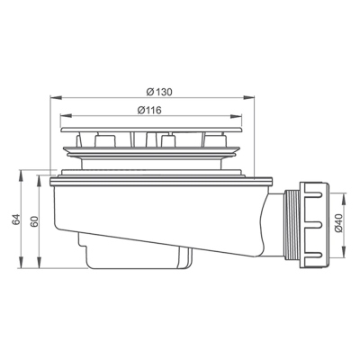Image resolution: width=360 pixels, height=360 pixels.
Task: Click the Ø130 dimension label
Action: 159,92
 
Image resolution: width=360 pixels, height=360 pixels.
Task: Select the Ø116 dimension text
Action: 149,110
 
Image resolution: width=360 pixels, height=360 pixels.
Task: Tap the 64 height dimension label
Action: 16,219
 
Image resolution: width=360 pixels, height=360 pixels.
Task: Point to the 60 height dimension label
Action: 34,221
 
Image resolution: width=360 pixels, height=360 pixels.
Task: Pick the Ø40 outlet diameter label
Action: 339,222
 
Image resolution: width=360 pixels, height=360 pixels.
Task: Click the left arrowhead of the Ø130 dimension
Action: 56,97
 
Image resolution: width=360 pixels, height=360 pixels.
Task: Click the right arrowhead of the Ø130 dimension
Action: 248,97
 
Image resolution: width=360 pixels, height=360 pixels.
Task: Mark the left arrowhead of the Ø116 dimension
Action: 66,116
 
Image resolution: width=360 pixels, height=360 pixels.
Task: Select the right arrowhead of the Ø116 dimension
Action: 236,116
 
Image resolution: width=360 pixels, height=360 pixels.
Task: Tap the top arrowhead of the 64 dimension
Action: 21,175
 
